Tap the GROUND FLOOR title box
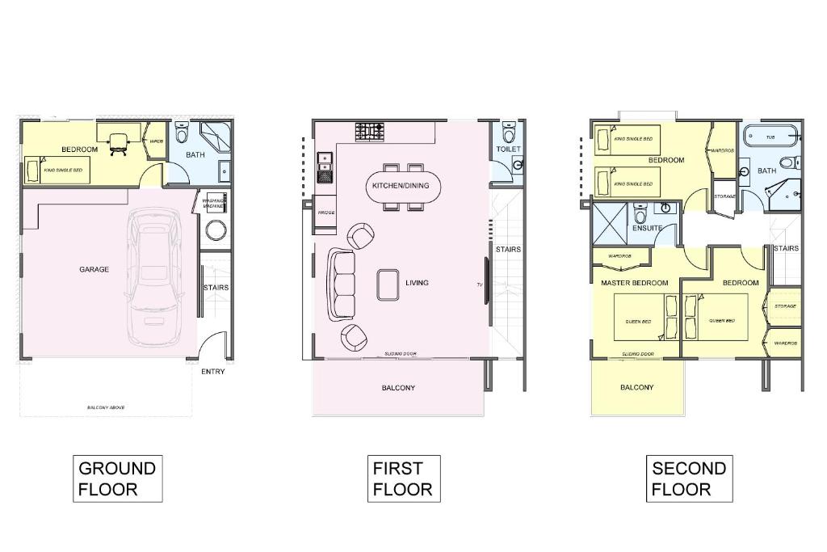click(x=117, y=478)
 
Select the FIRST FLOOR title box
click(x=403, y=478)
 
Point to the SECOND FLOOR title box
click(x=689, y=478)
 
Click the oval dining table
click(x=401, y=186)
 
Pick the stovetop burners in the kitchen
click(x=370, y=130)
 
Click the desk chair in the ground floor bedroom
click(x=119, y=142)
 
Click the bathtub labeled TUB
click(x=770, y=137)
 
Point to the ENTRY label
click(x=213, y=372)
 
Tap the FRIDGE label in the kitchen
click(x=326, y=213)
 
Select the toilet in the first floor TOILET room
click(x=508, y=130)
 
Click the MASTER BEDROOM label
click(x=634, y=283)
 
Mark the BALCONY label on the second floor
click(x=637, y=388)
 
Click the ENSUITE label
click(x=647, y=229)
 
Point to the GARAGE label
click(x=94, y=270)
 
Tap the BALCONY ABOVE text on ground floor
click(x=106, y=407)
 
